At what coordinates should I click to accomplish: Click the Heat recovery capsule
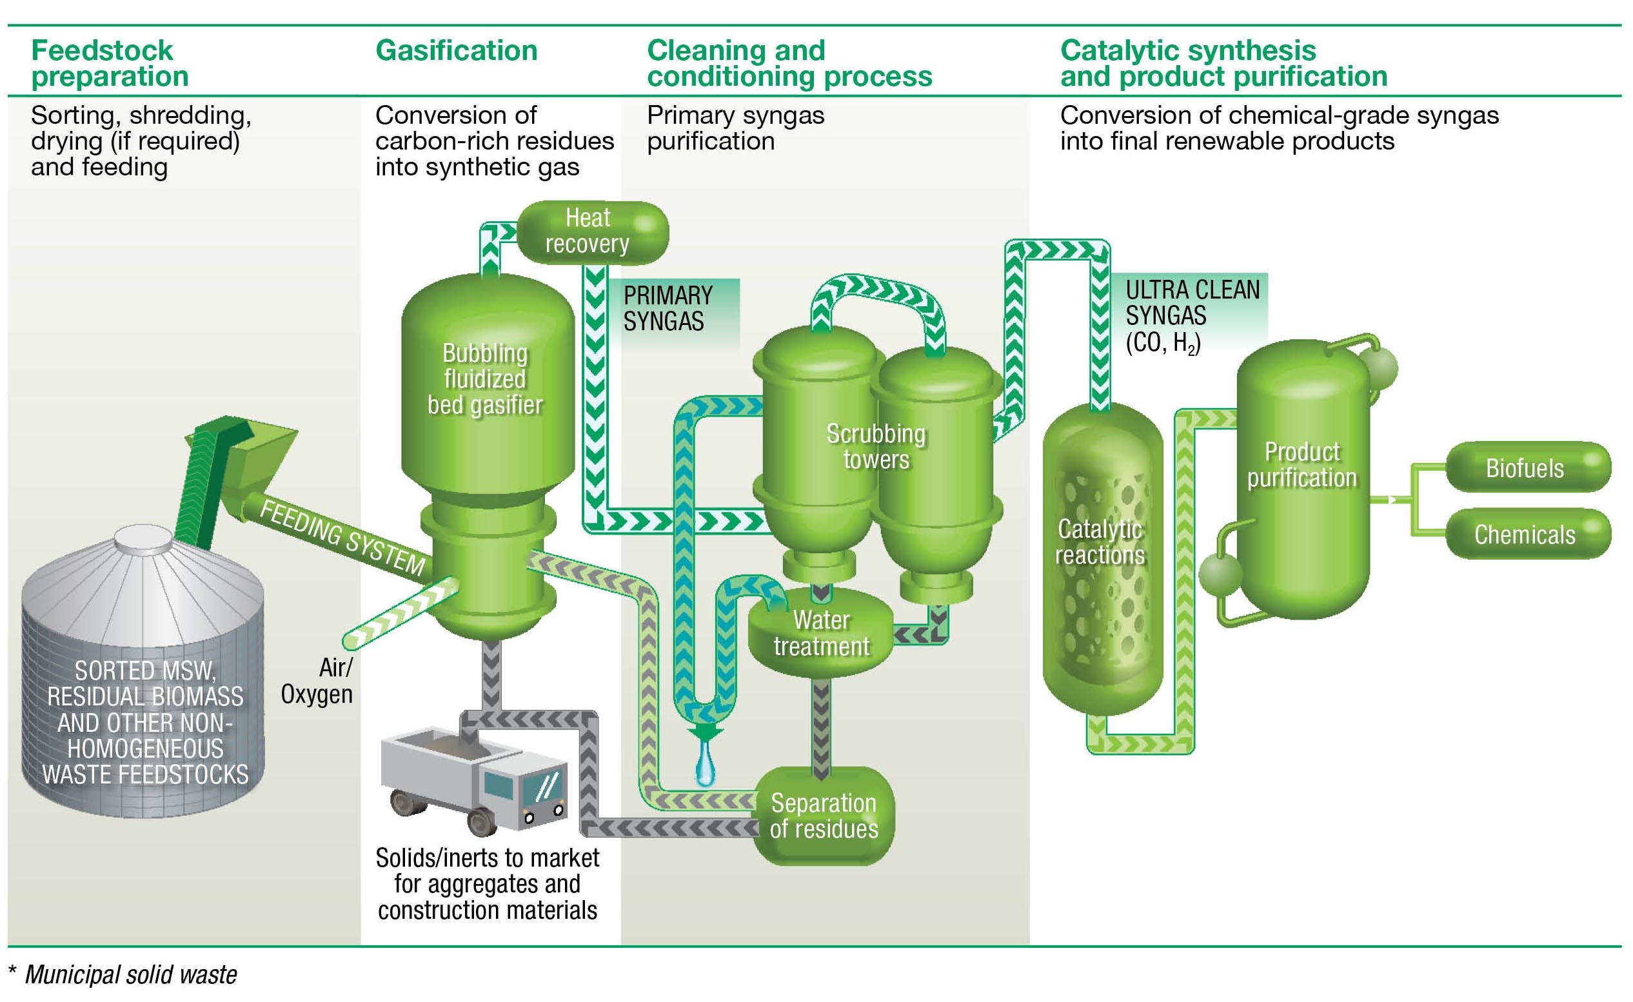pyautogui.click(x=592, y=232)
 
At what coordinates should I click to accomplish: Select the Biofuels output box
pyautogui.click(x=1527, y=467)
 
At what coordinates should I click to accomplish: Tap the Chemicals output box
pyautogui.click(x=1527, y=534)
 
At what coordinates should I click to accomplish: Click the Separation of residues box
pyautogui.click(x=824, y=816)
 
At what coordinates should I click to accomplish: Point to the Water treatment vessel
pyautogui.click(x=821, y=633)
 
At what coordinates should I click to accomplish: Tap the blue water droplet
pyautogui.click(x=705, y=765)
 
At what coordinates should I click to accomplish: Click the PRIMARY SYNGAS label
pyautogui.click(x=668, y=308)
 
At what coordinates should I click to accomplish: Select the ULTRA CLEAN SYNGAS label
pyautogui.click(x=1192, y=315)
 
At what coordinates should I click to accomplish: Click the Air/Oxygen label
pyautogui.click(x=317, y=681)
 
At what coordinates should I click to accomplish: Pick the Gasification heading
pyautogui.click(x=456, y=51)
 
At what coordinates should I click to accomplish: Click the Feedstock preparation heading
pyautogui.click(x=110, y=64)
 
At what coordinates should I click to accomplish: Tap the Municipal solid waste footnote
pyautogui.click(x=130, y=974)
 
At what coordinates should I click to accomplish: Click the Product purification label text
pyautogui.click(x=1301, y=464)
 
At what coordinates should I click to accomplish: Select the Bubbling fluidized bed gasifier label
pyautogui.click(x=485, y=379)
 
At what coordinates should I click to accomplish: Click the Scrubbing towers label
pyautogui.click(x=875, y=446)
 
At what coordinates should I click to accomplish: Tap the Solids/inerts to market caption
pyautogui.click(x=487, y=884)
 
